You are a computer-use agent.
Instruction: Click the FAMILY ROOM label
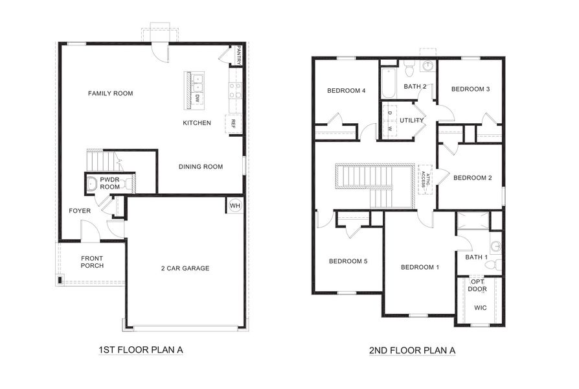coord(110,93)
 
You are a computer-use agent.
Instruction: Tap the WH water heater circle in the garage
coord(234,206)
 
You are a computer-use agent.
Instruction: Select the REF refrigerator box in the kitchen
coord(233,123)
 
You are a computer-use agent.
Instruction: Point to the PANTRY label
coord(239,54)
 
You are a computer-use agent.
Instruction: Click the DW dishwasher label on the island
coord(197,99)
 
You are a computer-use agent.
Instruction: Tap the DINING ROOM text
coord(200,167)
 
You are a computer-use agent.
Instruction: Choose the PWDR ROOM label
coord(109,183)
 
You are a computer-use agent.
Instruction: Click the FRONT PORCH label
coord(92,262)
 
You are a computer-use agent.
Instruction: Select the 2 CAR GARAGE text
coord(185,268)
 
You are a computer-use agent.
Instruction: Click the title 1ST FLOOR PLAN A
coord(141,350)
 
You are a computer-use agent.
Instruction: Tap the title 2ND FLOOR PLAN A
coord(413,350)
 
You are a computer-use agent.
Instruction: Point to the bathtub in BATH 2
coord(388,83)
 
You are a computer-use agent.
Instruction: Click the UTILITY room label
coord(411,121)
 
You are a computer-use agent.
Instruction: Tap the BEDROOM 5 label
coord(348,261)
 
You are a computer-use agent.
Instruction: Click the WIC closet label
coord(480,307)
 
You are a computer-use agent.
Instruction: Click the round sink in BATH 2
coord(428,66)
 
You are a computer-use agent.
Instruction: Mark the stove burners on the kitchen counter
coord(235,89)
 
